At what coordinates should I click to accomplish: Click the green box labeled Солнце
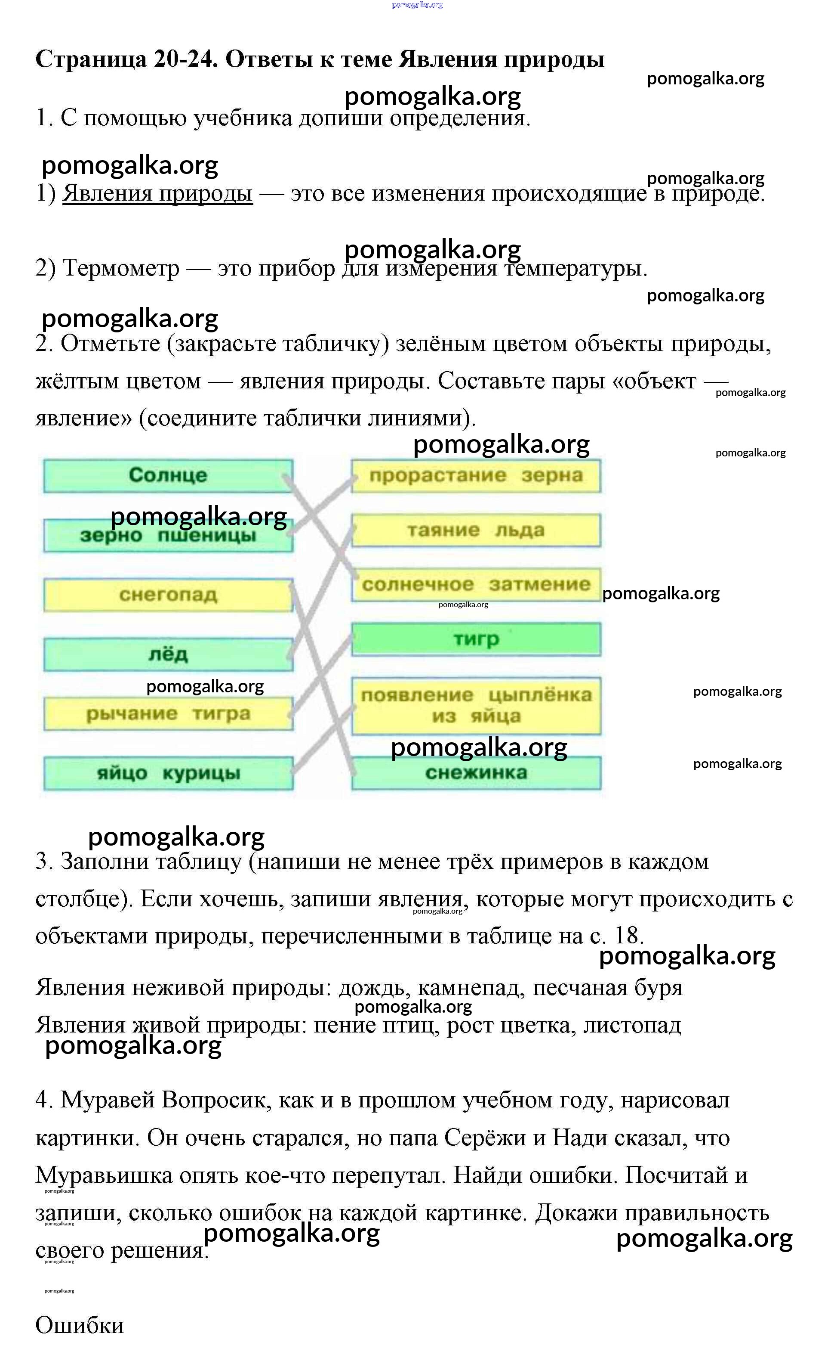click(168, 475)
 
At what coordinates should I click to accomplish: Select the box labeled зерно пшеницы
click(168, 535)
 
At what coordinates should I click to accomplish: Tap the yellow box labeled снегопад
click(168, 595)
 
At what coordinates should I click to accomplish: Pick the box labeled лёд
click(168, 654)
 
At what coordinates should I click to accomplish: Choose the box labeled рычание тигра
click(168, 713)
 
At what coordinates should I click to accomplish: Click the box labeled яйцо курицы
click(168, 773)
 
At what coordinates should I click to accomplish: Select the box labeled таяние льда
click(476, 530)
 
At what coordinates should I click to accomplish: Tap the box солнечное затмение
click(476, 584)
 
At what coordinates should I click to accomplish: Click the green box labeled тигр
click(476, 639)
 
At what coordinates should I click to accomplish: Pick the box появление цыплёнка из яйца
click(476, 705)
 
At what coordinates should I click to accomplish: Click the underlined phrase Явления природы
click(157, 193)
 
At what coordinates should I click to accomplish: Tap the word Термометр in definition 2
click(121, 268)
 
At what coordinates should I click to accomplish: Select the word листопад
click(632, 1025)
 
